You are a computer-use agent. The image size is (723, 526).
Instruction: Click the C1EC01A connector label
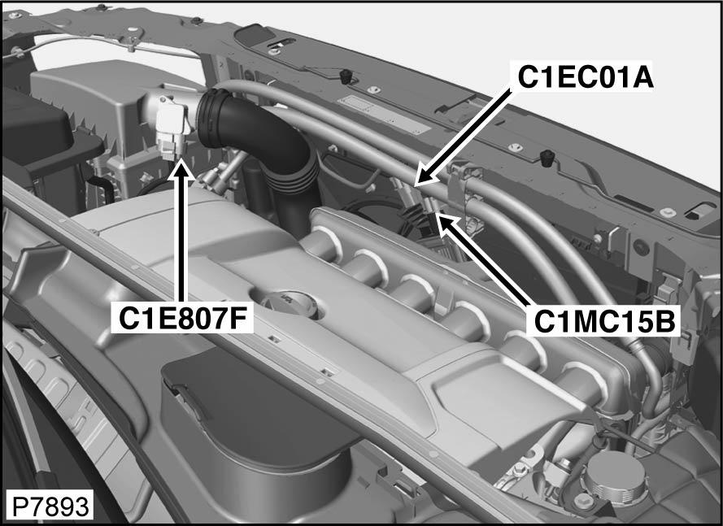[586, 77]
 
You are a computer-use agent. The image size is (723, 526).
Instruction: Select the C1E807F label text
[182, 319]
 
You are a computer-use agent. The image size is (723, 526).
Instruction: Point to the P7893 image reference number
[50, 507]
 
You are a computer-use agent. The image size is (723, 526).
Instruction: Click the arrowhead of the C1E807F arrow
[181, 168]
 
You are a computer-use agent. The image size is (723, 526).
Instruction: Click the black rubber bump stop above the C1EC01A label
[346, 76]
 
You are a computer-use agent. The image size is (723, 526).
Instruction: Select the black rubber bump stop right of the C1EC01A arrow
[547, 157]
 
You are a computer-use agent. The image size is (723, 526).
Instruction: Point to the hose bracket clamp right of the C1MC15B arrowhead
[466, 193]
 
